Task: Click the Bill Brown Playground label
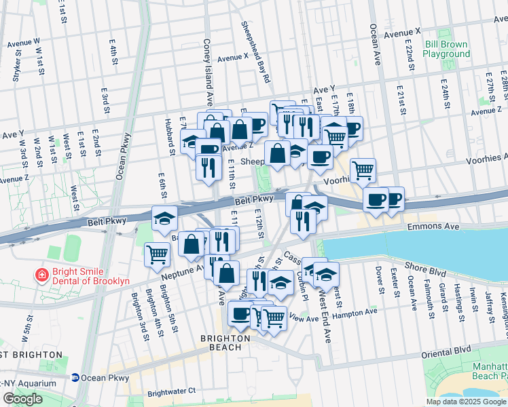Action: pos(446,49)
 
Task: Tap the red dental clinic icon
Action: pos(41,275)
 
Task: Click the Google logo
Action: pos(22,399)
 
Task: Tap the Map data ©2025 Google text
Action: pos(465,402)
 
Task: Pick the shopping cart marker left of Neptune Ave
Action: pos(157,255)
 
